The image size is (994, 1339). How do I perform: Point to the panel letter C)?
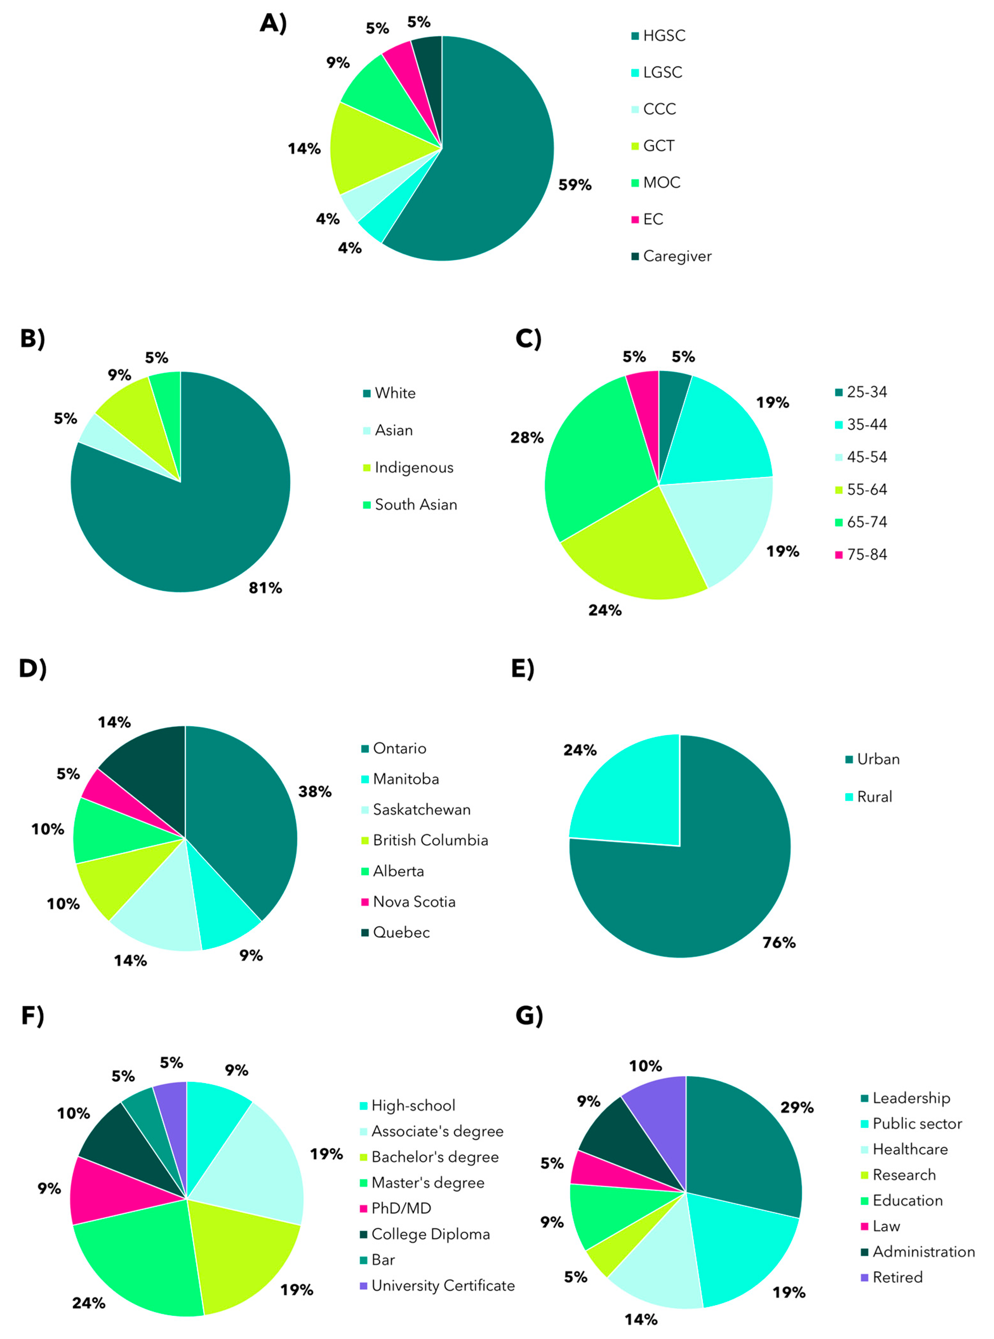coord(528,339)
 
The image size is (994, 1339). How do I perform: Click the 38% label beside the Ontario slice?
coord(315,791)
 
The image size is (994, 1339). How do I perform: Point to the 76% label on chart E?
coord(778,942)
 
